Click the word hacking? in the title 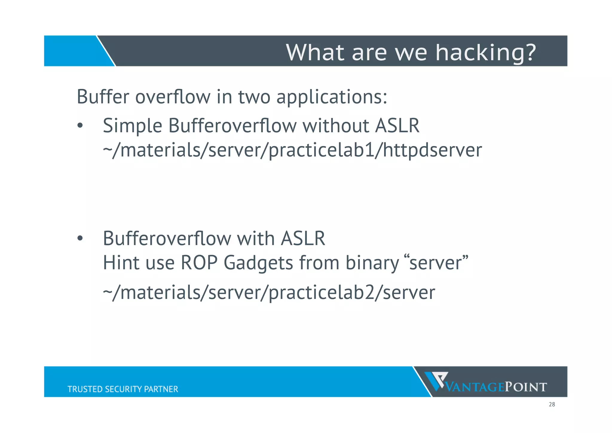(x=485, y=53)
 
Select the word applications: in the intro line (x=332, y=97)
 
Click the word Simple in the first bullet (x=132, y=126)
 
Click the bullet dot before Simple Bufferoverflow (x=79, y=126)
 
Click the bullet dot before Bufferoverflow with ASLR (x=79, y=239)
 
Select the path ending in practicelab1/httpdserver (x=292, y=150)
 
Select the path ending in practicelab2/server (x=269, y=293)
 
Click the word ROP (x=199, y=263)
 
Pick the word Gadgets (x=258, y=263)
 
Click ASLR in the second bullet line (x=302, y=239)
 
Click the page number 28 (x=552, y=405)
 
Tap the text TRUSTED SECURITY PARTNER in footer (x=123, y=389)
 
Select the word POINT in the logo (x=526, y=387)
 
